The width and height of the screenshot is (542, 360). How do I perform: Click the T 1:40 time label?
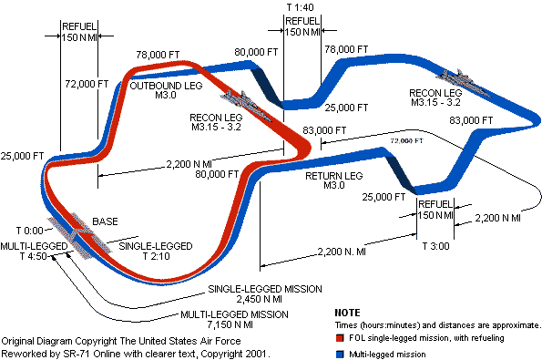tap(301, 7)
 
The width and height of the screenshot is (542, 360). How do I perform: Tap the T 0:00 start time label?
tap(30, 231)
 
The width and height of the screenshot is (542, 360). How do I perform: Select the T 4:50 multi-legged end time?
tap(33, 256)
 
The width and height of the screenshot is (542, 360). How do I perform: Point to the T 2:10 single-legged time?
tap(157, 256)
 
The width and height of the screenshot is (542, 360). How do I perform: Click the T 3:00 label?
tap(436, 246)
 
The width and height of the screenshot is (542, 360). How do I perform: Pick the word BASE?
tap(105, 221)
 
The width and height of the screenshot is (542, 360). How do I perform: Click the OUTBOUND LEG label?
tap(166, 86)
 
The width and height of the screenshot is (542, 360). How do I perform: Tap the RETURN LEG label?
tap(334, 176)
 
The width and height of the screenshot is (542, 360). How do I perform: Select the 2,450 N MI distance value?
tap(260, 299)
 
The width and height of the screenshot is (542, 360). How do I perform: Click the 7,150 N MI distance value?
tap(230, 324)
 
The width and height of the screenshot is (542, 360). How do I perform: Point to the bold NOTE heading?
tap(347, 313)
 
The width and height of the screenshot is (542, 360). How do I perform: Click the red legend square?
tap(340, 338)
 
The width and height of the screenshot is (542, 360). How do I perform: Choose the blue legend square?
tap(340, 355)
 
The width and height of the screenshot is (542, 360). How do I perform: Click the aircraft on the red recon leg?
tap(246, 104)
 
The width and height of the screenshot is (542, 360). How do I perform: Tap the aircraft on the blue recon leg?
tap(463, 82)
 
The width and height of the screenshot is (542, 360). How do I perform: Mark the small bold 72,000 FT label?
tap(407, 140)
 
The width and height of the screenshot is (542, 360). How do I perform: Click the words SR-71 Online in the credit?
tap(92, 354)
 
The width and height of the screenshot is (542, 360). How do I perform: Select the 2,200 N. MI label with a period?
tap(342, 252)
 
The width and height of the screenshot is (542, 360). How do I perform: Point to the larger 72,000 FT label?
tap(87, 84)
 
